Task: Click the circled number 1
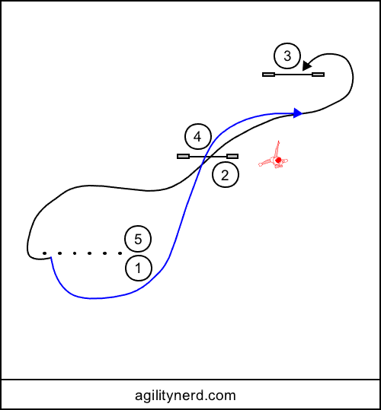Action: click(x=139, y=268)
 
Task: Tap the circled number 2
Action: click(x=226, y=175)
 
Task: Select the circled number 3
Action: click(x=287, y=56)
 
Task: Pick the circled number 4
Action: click(x=198, y=137)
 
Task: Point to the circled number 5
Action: click(x=138, y=239)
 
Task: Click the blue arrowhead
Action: click(x=298, y=113)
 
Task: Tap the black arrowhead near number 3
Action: click(x=306, y=66)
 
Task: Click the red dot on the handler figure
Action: click(x=278, y=160)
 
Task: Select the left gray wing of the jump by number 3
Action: click(x=268, y=75)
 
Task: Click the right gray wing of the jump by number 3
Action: click(x=319, y=75)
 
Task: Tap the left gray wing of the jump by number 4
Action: click(x=184, y=157)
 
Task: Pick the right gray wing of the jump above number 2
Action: click(x=232, y=157)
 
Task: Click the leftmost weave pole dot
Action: click(x=44, y=253)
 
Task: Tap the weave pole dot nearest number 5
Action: click(x=120, y=253)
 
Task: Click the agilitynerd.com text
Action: click(x=185, y=396)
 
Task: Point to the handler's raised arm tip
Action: click(x=278, y=141)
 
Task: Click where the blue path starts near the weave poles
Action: click(x=51, y=257)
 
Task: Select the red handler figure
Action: click(x=273, y=155)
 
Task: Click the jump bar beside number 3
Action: click(x=293, y=75)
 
